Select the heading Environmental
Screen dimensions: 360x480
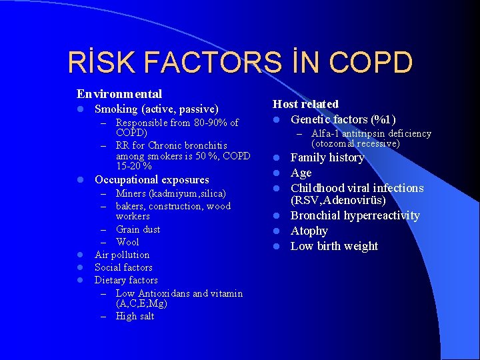click(119, 94)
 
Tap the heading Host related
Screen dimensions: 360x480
click(305, 104)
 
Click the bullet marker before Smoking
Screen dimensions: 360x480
click(79, 109)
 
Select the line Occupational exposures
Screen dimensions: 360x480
click(151, 179)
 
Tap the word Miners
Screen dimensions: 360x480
click(133, 194)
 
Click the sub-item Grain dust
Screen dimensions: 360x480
click(137, 229)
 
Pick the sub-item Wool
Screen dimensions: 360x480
click(127, 242)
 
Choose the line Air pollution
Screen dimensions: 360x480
click(122, 255)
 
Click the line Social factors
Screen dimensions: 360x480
click(123, 267)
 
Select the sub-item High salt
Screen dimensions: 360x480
click(135, 316)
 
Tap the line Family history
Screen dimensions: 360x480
click(327, 157)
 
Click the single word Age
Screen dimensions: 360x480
click(301, 173)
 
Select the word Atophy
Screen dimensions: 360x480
click(309, 231)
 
